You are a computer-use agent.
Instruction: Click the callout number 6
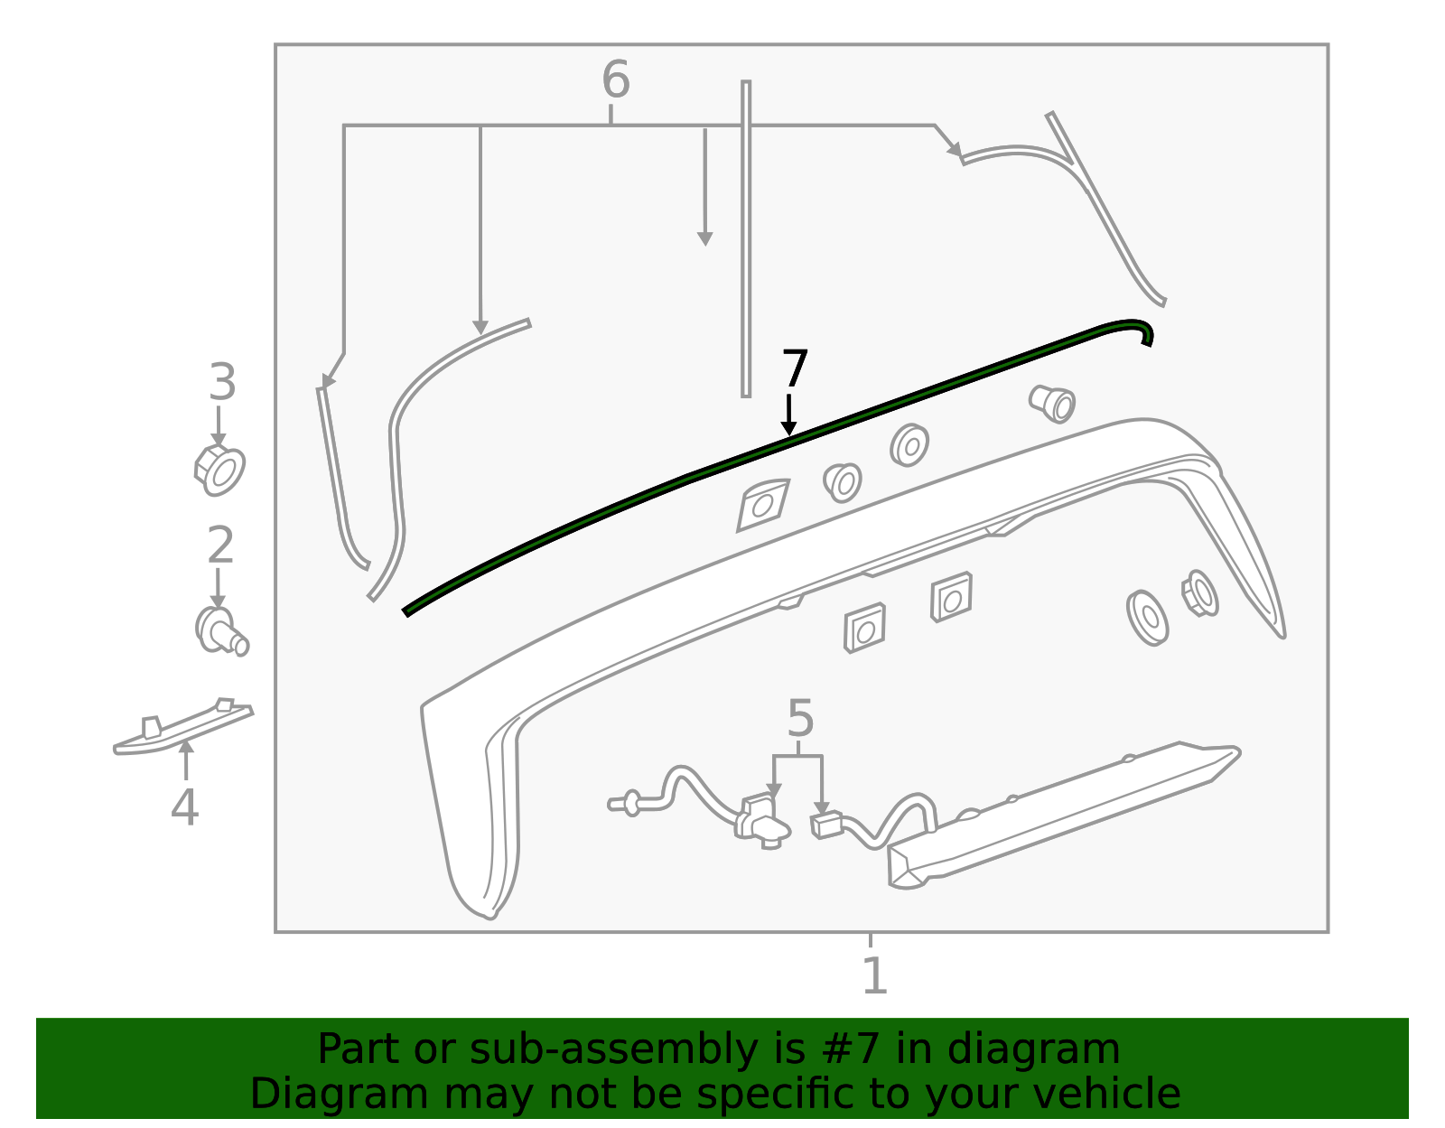click(615, 79)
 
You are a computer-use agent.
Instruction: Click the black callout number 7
click(795, 368)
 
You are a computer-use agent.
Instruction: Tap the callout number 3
click(222, 382)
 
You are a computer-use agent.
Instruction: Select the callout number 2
click(220, 545)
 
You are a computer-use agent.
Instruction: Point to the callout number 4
click(184, 807)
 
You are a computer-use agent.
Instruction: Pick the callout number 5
click(800, 719)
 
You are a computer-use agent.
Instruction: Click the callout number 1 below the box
click(874, 975)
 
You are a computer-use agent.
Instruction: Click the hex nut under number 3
click(219, 471)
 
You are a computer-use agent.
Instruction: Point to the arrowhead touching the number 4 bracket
click(186, 747)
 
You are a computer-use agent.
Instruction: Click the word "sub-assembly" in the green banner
click(613, 1049)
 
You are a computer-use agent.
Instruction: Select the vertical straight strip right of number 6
click(746, 239)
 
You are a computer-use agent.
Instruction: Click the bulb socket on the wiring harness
click(762, 823)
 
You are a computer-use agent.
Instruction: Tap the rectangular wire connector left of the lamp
click(826, 825)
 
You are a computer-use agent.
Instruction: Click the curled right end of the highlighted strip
click(1140, 331)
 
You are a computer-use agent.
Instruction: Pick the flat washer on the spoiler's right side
click(1147, 618)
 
